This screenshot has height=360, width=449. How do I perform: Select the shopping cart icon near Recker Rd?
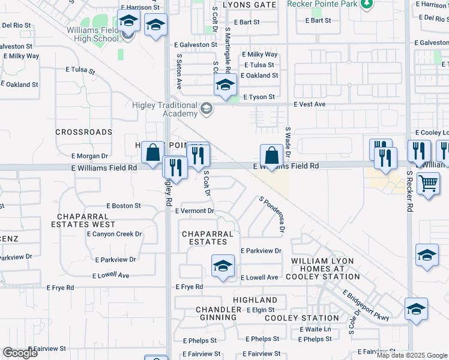[427, 184]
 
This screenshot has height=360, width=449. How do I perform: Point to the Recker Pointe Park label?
[321, 4]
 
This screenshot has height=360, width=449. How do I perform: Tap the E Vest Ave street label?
[309, 104]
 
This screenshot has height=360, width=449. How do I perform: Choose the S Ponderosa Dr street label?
[271, 214]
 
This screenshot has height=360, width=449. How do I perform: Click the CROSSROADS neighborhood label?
[83, 132]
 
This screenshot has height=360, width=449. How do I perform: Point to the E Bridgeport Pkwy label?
[366, 305]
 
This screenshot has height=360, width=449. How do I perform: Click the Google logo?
[20, 353]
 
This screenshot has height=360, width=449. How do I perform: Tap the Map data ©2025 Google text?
[412, 355]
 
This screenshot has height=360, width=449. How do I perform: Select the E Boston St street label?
[123, 206]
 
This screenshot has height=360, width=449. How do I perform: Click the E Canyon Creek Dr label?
[118, 234]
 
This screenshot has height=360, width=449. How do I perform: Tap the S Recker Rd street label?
[409, 191]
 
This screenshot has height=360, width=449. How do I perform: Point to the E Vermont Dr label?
[194, 211]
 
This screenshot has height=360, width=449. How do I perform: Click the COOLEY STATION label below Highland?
[293, 318]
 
